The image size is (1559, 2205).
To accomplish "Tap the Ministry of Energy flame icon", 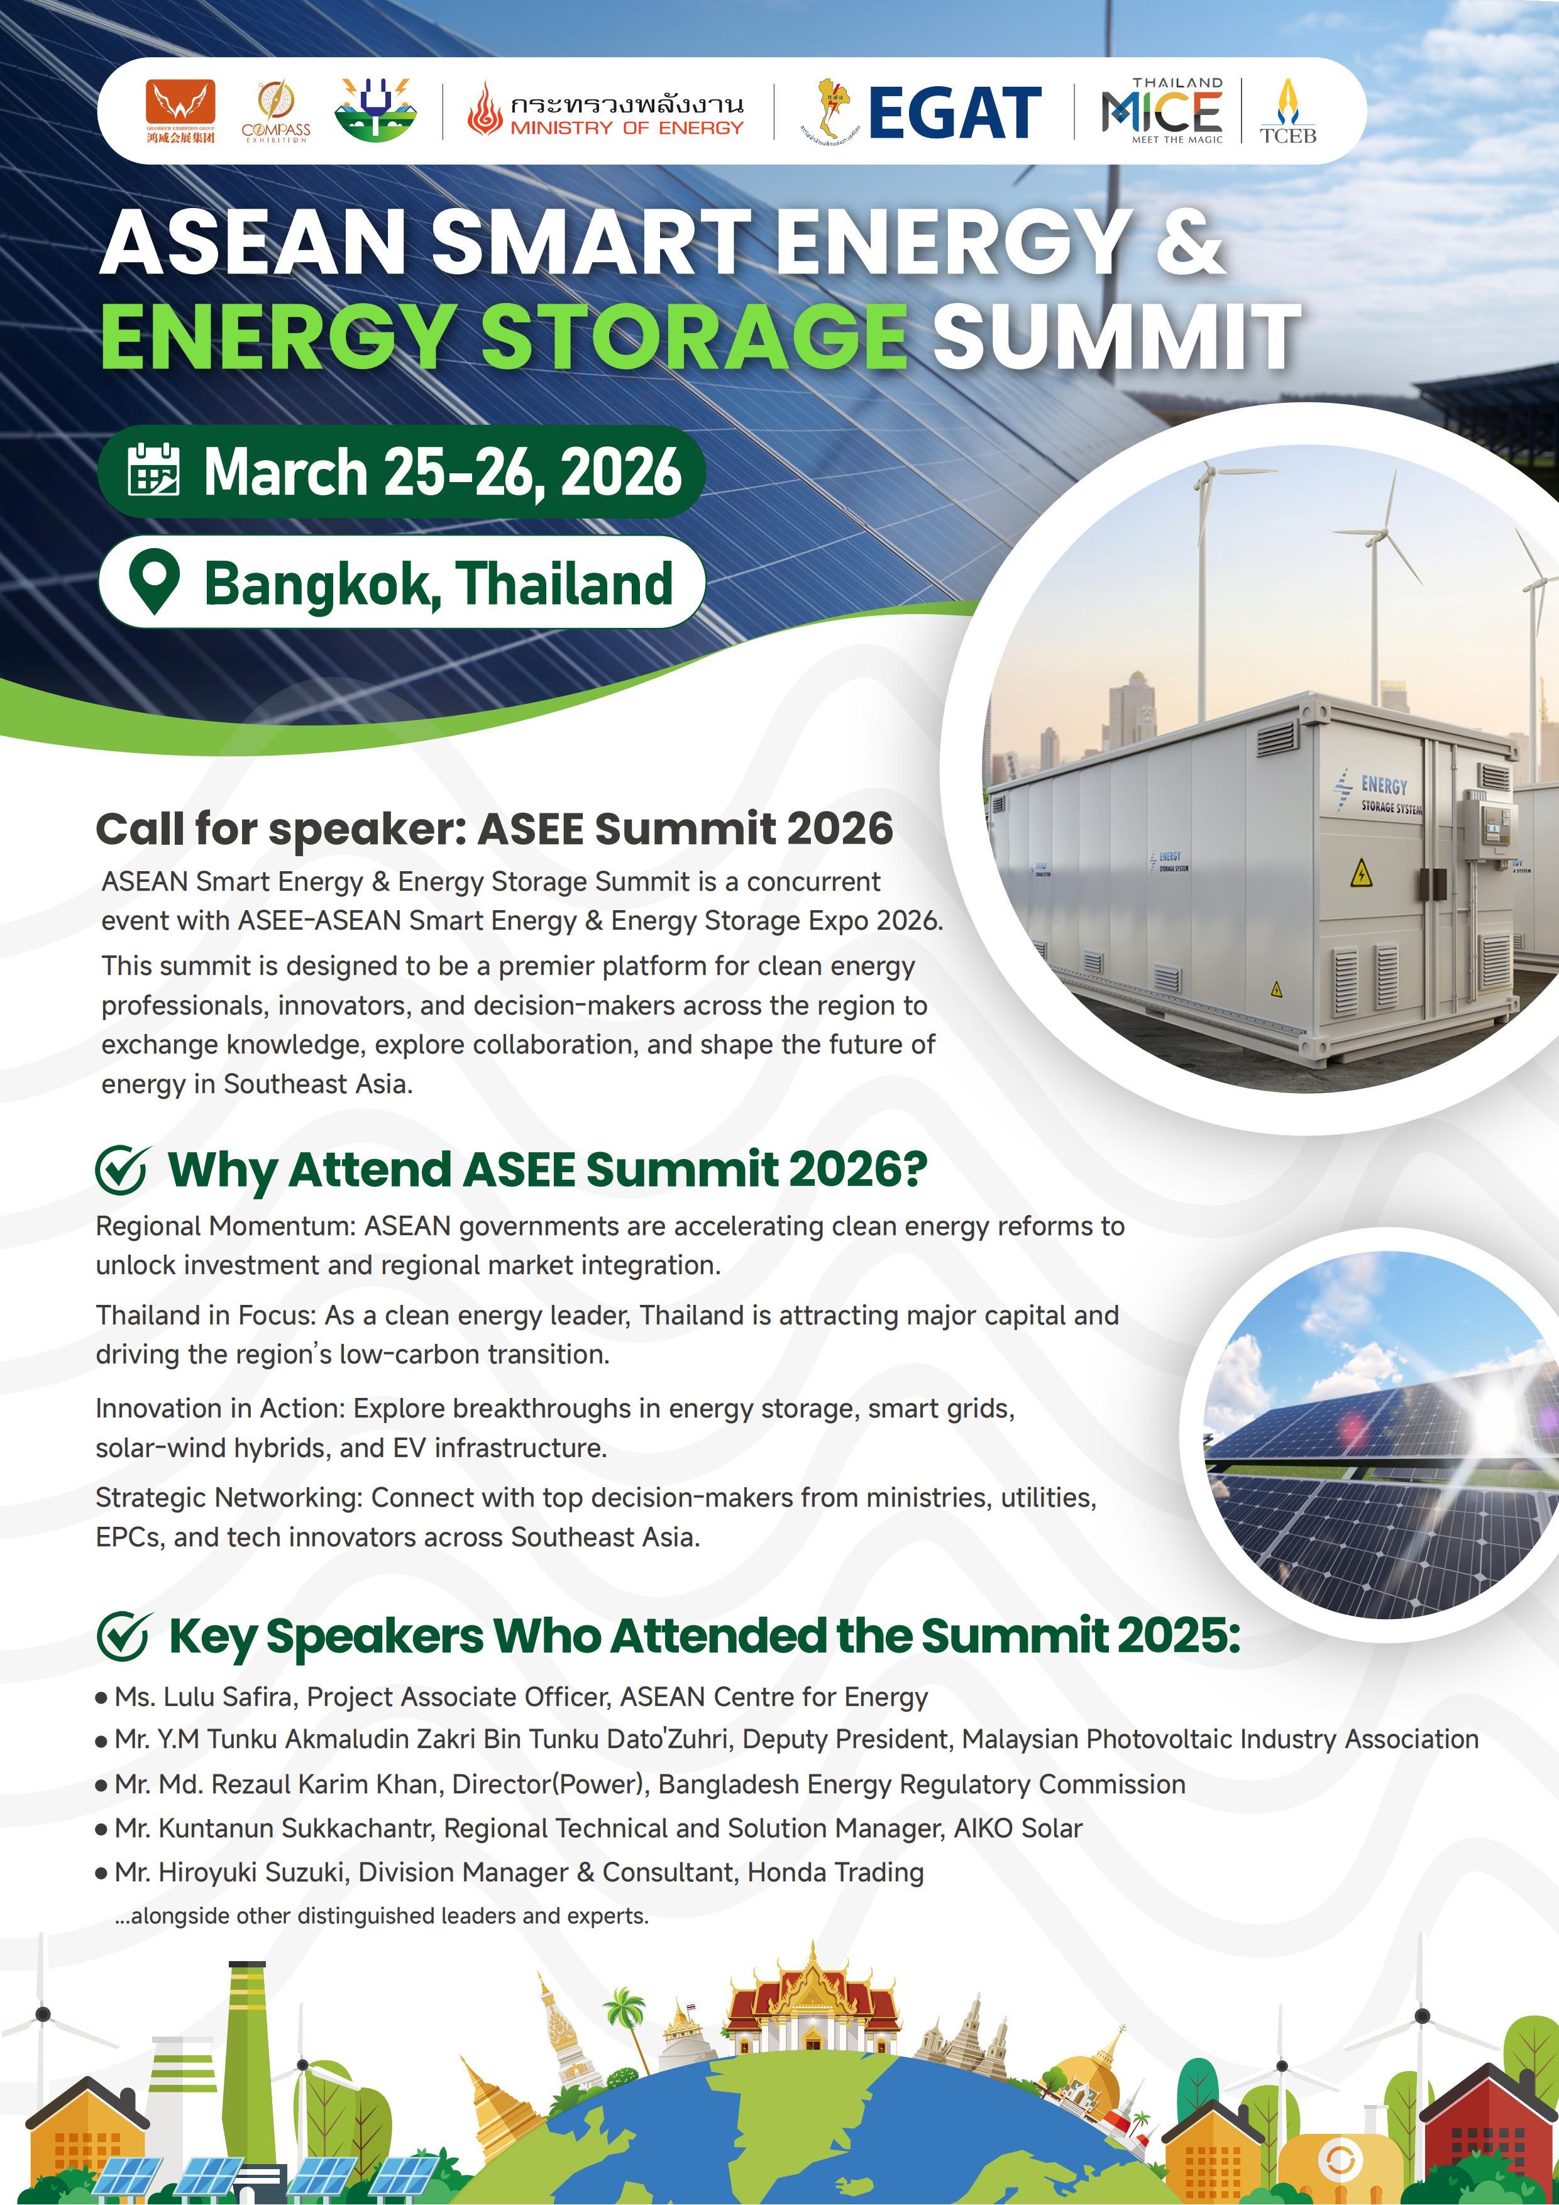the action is (485, 109).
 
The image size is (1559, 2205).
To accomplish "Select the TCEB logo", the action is (1288, 111).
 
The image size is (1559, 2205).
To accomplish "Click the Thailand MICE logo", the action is (1162, 111).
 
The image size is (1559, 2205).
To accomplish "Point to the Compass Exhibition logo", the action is (276, 111).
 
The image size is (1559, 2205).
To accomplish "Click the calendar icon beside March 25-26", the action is (153, 470).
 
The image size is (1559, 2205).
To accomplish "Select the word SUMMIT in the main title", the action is (1117, 336).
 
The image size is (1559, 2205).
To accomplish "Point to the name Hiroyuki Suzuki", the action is (251, 1872).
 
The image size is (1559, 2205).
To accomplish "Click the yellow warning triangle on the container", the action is (1361, 873).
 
